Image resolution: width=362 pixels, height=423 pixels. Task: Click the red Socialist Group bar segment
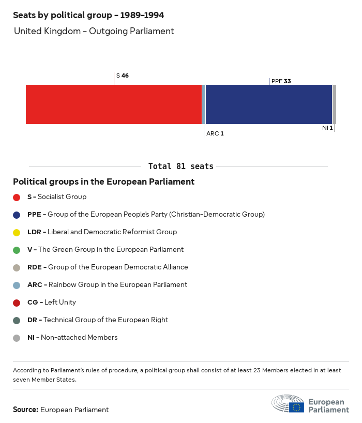click(114, 104)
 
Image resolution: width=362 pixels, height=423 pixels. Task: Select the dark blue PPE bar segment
click(269, 104)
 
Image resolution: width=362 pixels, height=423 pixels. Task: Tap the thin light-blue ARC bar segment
click(204, 104)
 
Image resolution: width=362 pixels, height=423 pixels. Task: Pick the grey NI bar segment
click(334, 104)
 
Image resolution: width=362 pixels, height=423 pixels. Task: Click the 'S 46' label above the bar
click(123, 75)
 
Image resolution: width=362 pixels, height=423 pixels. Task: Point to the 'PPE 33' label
click(281, 81)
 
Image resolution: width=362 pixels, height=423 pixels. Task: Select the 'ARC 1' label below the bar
click(215, 133)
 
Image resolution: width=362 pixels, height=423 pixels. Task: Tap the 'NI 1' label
click(327, 128)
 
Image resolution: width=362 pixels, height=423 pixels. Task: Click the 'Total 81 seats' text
click(181, 167)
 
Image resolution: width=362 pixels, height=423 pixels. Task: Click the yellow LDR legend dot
click(17, 232)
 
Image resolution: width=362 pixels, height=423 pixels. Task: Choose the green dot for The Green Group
click(17, 250)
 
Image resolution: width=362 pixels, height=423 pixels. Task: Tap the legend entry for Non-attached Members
click(72, 338)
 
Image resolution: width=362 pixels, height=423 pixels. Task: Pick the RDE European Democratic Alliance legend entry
click(108, 267)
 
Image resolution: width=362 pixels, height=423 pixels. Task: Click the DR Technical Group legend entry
click(98, 320)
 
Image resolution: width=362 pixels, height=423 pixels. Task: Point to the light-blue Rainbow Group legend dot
click(17, 285)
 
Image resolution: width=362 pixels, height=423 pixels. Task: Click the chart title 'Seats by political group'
click(88, 16)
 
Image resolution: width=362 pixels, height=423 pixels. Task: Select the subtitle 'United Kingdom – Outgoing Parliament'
click(94, 31)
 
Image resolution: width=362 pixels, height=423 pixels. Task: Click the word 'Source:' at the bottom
click(25, 410)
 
